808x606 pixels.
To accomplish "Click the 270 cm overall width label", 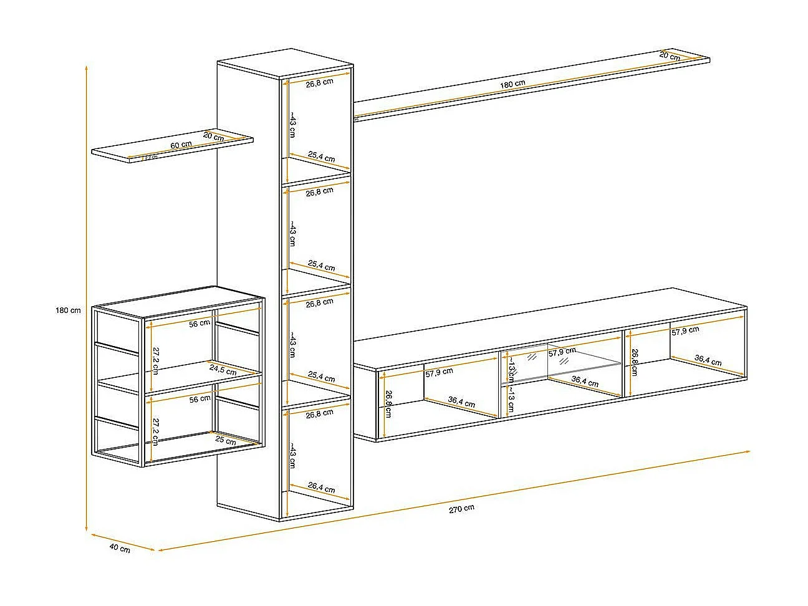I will (461, 508).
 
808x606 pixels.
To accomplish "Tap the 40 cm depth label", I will (120, 548).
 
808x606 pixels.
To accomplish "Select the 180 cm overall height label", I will (68, 310).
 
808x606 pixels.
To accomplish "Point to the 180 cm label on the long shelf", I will (512, 84).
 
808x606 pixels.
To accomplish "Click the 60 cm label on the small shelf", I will (181, 145).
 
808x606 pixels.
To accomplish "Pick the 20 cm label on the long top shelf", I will (670, 56).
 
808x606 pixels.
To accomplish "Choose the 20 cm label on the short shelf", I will (213, 135).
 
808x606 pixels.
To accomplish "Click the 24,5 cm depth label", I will (223, 370).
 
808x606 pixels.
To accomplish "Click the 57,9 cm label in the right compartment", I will (685, 331).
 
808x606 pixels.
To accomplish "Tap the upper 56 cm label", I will (200, 324).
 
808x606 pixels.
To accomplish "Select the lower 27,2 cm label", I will (155, 430).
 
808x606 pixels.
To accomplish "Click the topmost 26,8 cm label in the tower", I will (319, 82).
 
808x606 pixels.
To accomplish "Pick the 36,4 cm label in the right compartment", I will (708, 360).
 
